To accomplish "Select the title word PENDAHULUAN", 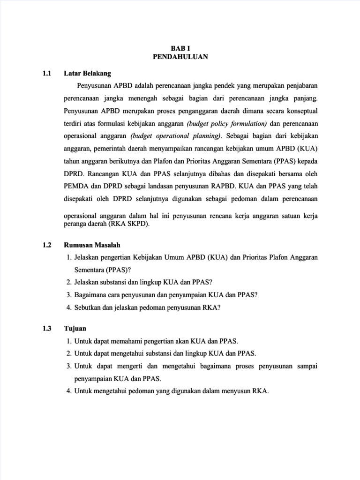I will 180,57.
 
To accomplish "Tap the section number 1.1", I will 46,73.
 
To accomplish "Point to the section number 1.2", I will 46,245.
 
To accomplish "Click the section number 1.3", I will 46,329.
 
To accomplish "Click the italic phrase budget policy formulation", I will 227,124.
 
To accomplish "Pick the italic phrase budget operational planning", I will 176,136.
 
